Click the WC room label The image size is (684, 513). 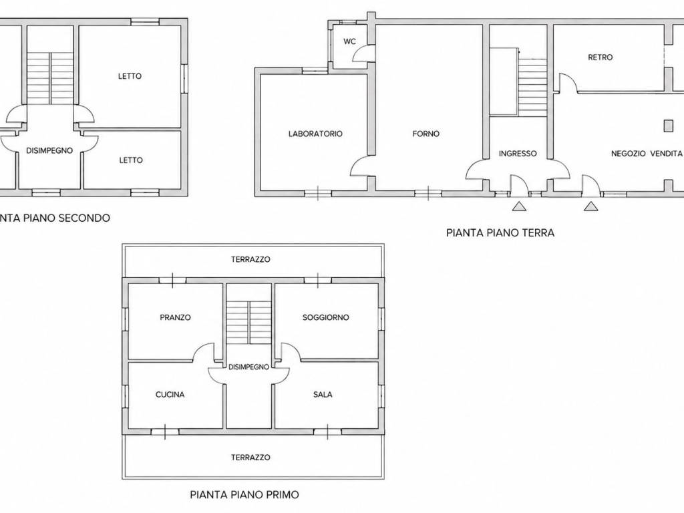click(x=349, y=41)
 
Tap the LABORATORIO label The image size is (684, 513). click(x=315, y=134)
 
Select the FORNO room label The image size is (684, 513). click(x=425, y=134)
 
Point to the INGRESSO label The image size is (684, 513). click(x=518, y=154)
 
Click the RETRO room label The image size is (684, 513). click(x=601, y=57)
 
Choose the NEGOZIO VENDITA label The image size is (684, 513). click(x=647, y=154)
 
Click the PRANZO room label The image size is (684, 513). click(x=176, y=317)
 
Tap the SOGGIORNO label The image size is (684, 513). click(x=326, y=317)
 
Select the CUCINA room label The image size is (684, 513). click(x=170, y=395)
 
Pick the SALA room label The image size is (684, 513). click(x=323, y=395)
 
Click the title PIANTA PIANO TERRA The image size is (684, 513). click(x=500, y=233)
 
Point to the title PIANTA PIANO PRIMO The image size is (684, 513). click(x=244, y=495)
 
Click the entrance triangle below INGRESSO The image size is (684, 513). click(x=518, y=206)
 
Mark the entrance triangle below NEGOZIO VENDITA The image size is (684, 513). click(x=591, y=206)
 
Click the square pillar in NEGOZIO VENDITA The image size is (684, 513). click(x=668, y=126)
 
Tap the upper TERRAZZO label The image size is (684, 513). click(x=251, y=260)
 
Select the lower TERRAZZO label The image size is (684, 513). click(x=251, y=458)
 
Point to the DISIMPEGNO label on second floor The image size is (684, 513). click(x=49, y=151)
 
